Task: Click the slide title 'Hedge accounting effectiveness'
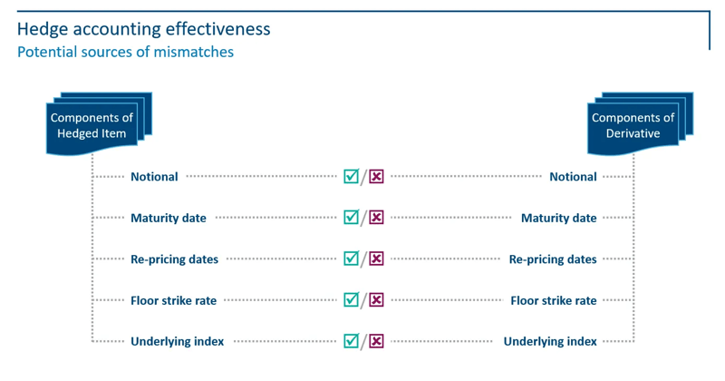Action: [143, 28]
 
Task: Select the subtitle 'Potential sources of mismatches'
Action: [125, 52]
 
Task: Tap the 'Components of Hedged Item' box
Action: [92, 125]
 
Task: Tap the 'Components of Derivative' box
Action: [633, 125]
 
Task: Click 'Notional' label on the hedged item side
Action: [154, 177]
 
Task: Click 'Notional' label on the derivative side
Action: [573, 177]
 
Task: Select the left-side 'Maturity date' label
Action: [169, 218]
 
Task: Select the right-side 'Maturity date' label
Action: [558, 218]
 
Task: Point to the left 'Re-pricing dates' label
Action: [174, 259]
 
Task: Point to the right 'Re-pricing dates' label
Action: [553, 259]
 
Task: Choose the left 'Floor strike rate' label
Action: [173, 300]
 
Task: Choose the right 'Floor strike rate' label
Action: [554, 300]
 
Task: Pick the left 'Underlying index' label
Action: [177, 341]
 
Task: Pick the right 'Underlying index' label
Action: [550, 341]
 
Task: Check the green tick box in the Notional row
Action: [351, 176]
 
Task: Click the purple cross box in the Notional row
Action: [376, 177]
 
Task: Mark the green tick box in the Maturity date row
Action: [351, 217]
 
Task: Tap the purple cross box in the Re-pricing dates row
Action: [376, 259]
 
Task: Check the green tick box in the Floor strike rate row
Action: [351, 299]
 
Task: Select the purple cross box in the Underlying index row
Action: [376, 341]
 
